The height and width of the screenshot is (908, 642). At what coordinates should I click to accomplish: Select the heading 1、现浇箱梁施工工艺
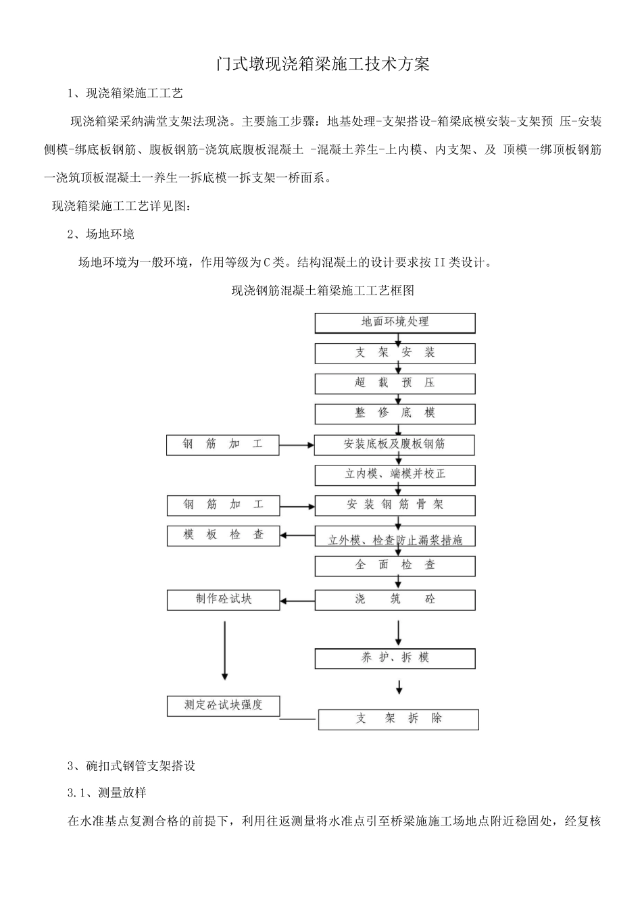(125, 93)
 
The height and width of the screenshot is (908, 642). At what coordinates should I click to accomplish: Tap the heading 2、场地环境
(101, 234)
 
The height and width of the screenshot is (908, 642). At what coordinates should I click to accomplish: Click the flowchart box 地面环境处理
(395, 322)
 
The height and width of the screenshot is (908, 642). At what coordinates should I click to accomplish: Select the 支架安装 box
(395, 353)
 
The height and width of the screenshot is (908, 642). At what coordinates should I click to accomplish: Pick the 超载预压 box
(395, 383)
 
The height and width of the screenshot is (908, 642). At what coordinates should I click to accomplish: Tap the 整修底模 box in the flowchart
(395, 413)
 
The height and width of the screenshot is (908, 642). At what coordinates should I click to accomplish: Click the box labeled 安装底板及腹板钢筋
(395, 445)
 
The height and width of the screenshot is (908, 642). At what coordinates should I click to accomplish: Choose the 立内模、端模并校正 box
(395, 474)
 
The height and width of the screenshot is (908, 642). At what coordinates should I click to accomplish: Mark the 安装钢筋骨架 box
(395, 505)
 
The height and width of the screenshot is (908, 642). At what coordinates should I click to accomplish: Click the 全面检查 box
(395, 565)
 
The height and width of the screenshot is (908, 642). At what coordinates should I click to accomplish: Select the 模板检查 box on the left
(223, 535)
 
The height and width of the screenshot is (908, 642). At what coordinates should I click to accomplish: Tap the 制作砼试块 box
(223, 599)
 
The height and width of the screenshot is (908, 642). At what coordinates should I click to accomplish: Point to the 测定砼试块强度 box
(223, 705)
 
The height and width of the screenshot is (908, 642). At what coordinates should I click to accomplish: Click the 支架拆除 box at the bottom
(398, 719)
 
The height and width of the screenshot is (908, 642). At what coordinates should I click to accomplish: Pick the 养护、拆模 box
(395, 657)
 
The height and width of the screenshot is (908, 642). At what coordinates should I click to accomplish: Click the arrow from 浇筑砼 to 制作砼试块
(297, 600)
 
